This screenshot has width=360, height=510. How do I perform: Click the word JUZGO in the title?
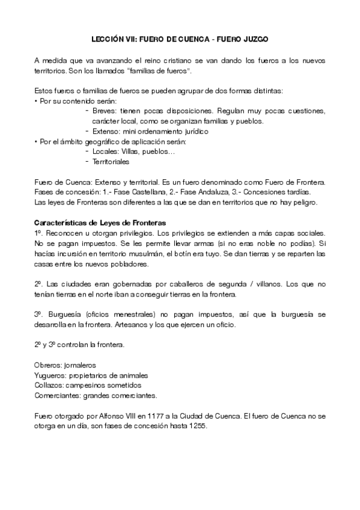(254, 38)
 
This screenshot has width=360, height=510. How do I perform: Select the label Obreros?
(49, 365)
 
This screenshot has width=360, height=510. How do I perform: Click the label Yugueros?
(50, 375)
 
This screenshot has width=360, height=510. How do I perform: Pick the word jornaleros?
(81, 365)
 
